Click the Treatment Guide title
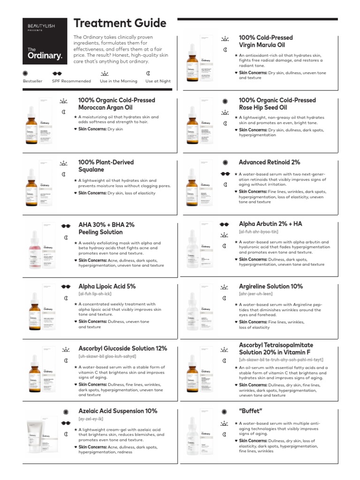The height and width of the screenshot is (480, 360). click(x=120, y=23)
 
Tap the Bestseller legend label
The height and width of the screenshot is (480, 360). click(x=32, y=81)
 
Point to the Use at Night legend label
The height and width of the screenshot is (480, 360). click(x=158, y=81)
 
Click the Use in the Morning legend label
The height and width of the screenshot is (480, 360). click(x=119, y=81)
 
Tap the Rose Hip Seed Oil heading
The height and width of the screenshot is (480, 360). click(x=277, y=104)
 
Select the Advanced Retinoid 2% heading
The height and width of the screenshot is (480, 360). click(x=269, y=162)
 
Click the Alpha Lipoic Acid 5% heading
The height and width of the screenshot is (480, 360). click(x=107, y=286)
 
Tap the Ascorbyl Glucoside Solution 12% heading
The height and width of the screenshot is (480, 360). click(x=122, y=348)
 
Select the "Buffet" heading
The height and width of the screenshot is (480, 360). click(x=250, y=411)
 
